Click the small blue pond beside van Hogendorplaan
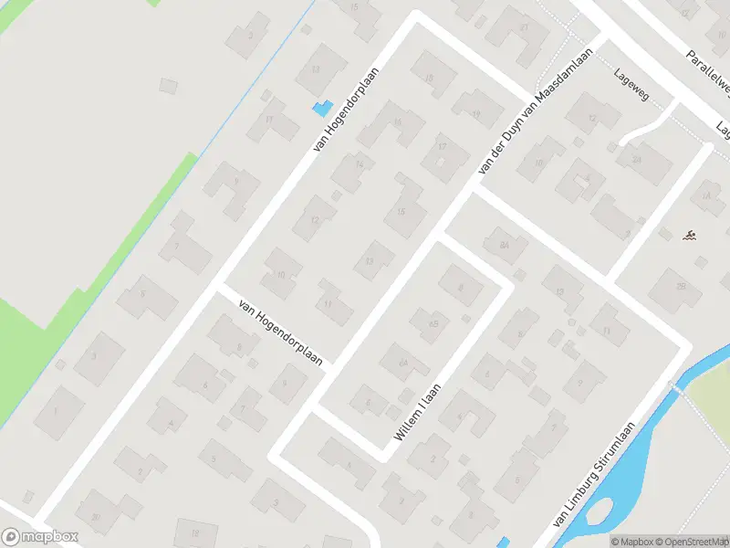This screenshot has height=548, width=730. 320,109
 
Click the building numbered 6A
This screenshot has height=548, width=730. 401,363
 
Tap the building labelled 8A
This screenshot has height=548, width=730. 504,245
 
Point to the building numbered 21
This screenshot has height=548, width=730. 523,27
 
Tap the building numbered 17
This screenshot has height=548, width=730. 442,147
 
